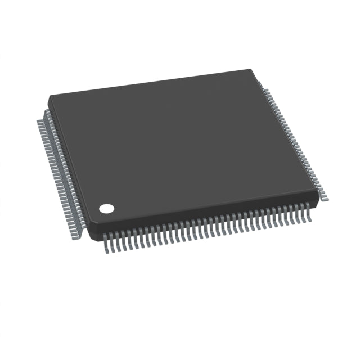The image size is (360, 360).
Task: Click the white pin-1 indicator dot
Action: point(106,209)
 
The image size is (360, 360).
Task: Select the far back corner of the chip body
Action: point(251,70)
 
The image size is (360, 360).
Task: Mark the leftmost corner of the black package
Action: point(48,96)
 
